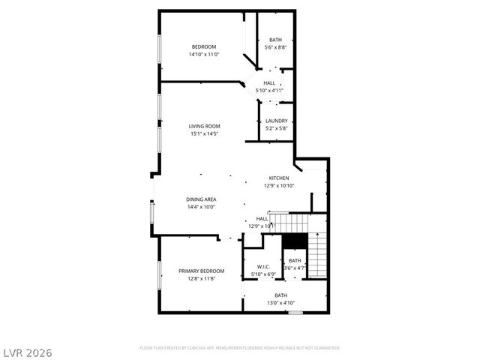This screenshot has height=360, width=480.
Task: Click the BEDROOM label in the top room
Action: (x=202, y=46)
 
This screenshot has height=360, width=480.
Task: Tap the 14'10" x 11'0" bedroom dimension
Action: (x=202, y=55)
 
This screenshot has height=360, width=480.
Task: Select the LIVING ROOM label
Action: (x=204, y=126)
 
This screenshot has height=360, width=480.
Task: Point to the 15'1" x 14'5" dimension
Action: (x=203, y=134)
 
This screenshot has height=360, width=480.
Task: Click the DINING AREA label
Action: (x=202, y=199)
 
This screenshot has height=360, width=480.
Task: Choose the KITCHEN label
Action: (x=279, y=178)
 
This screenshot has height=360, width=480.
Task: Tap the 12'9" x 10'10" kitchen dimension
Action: (x=279, y=186)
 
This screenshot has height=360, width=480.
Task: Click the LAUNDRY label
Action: (x=276, y=121)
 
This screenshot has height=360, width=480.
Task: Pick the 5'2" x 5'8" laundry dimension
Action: (x=276, y=129)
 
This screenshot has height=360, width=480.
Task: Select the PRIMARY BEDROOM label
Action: (x=201, y=270)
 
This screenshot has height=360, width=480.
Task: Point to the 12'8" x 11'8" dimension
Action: (x=201, y=278)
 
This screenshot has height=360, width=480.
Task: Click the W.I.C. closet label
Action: (x=263, y=266)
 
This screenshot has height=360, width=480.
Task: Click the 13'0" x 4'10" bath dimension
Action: (x=280, y=303)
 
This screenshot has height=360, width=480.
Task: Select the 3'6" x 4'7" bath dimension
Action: (x=295, y=268)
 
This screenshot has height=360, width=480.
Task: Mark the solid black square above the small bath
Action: (x=295, y=241)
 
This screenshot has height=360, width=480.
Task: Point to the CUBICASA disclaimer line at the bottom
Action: (x=240, y=348)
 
